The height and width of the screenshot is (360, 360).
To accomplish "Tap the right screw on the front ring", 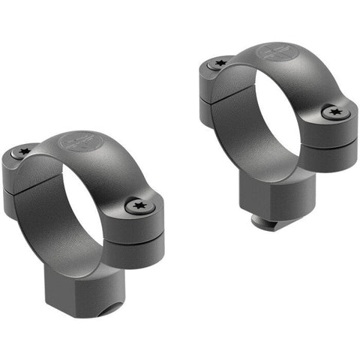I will click(138, 203).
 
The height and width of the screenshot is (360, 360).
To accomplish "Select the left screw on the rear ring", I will click(219, 64).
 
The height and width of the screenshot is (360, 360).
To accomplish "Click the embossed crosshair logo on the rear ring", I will click(271, 52).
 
